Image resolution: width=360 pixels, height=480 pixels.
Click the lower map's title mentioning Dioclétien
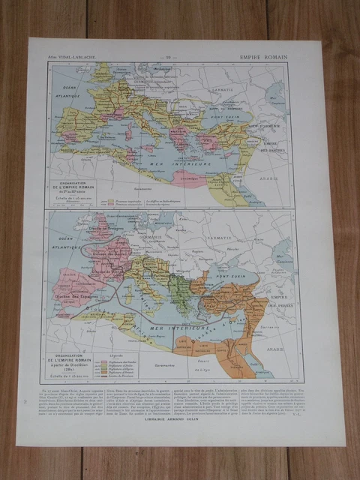coord(74,361)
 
